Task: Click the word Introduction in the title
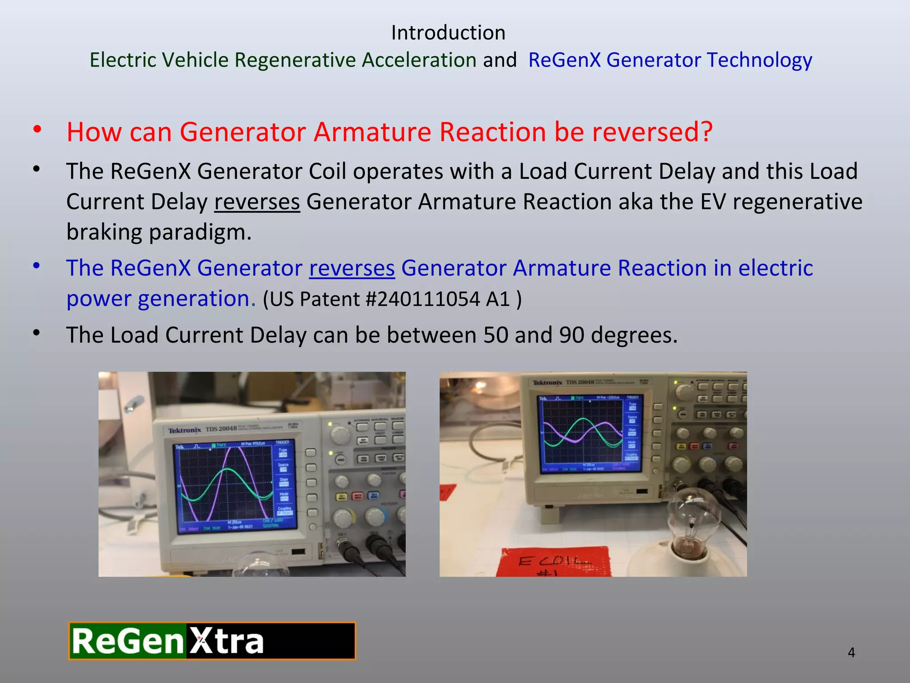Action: [448, 33]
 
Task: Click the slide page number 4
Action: [851, 652]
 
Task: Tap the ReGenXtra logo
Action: [212, 641]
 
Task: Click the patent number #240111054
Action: [422, 299]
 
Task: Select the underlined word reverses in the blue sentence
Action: [351, 268]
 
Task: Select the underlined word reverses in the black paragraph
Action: [257, 202]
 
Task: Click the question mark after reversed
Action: [706, 132]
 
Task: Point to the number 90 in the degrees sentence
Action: [571, 335]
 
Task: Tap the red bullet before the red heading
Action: [37, 130]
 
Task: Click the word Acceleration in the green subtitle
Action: [419, 60]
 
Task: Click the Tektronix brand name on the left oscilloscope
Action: [184, 430]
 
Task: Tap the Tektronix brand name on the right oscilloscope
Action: [547, 382]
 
